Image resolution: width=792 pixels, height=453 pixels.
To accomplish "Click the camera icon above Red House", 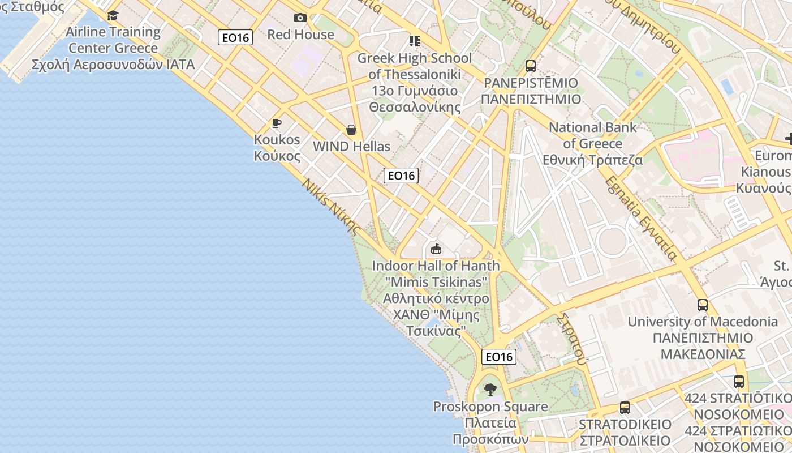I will click(x=300, y=18).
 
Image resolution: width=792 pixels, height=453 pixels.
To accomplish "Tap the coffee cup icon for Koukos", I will click(x=277, y=123).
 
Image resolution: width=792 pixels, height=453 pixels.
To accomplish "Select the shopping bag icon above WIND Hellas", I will click(x=351, y=130).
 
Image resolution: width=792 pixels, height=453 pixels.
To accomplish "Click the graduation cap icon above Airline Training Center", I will click(x=113, y=16).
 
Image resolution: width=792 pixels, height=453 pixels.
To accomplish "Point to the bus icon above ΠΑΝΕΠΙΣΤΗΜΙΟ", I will click(x=531, y=66).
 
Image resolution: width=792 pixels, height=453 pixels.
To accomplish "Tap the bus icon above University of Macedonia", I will click(x=703, y=305).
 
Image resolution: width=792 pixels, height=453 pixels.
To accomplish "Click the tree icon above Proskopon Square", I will click(x=490, y=390).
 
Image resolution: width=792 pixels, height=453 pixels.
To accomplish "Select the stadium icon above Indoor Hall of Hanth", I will click(x=436, y=249).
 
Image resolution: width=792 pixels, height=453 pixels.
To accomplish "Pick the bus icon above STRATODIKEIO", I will click(x=625, y=408).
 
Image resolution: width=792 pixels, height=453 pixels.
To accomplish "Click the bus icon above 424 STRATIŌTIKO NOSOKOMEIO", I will click(x=739, y=382).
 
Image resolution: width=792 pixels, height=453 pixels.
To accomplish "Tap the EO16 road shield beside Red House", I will click(x=235, y=37).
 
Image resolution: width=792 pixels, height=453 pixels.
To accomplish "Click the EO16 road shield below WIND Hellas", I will click(x=401, y=176).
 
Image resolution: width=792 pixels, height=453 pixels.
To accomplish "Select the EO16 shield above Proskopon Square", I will click(x=499, y=357).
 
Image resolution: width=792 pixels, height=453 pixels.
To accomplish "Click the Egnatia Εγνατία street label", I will click(x=641, y=217).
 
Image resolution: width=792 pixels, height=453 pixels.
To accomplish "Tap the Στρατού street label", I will click(x=571, y=337).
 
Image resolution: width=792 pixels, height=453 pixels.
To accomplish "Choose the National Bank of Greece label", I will click(x=593, y=143).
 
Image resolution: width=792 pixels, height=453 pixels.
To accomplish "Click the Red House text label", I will click(x=300, y=35).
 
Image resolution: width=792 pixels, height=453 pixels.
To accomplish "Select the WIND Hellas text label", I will click(x=351, y=147).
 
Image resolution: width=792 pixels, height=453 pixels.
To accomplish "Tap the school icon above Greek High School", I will click(x=415, y=41).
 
